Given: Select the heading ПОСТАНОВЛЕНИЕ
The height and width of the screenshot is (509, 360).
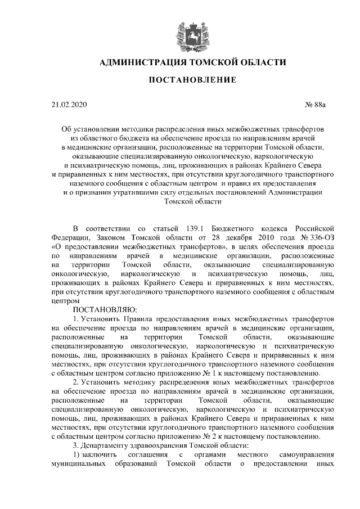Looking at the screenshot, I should [x=192, y=80].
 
